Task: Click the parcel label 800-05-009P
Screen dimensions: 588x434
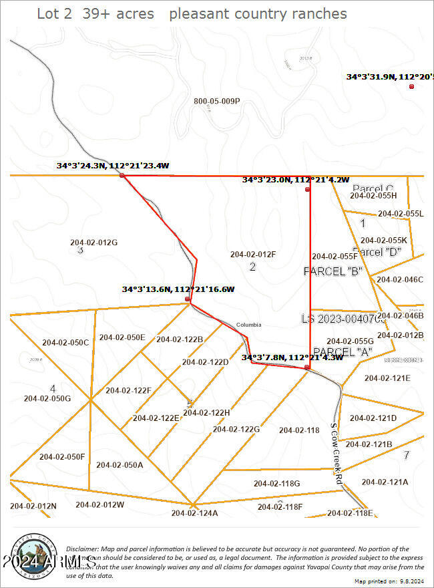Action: coord(216,102)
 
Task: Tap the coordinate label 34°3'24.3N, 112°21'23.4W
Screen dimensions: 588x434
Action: coord(113,165)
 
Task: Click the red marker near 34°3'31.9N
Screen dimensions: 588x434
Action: coord(412,86)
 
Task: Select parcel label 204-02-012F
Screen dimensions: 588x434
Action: coord(253,254)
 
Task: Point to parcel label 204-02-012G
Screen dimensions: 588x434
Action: coord(93,242)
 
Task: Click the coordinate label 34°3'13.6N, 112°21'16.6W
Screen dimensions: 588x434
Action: coord(178,289)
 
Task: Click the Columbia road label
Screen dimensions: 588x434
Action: coord(248,325)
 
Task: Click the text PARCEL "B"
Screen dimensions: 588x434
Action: coord(333,271)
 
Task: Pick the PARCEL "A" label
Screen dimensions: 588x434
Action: coord(342,351)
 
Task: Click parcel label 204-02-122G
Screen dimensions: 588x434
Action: coord(236,429)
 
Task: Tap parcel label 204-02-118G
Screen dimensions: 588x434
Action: coord(276,483)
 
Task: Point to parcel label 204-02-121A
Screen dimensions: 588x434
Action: coord(385,482)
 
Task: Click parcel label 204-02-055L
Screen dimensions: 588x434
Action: coord(401,213)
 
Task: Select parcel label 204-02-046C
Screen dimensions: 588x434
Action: coord(401,279)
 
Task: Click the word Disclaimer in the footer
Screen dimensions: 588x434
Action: coord(85,548)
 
